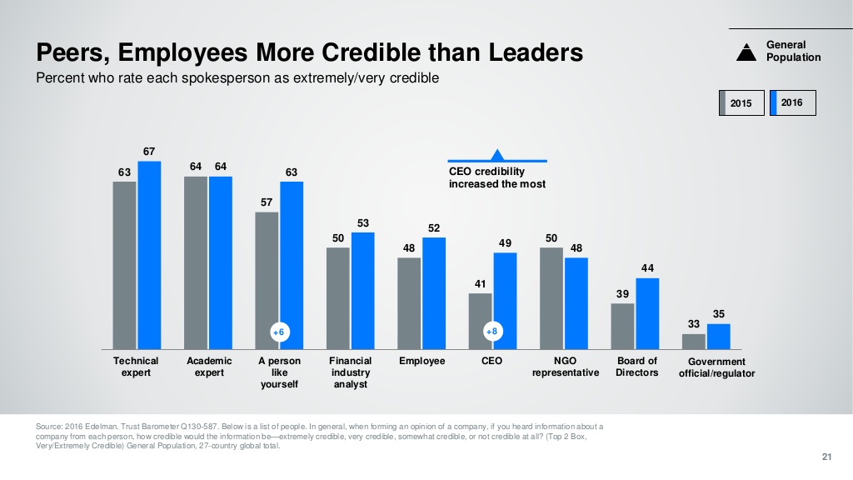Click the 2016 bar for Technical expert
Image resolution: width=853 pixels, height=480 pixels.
[x=149, y=255]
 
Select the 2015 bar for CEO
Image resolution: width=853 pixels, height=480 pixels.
[x=481, y=321]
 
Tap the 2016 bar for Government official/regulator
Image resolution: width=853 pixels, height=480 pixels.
[x=718, y=337]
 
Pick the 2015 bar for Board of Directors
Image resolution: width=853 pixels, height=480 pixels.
[x=622, y=326]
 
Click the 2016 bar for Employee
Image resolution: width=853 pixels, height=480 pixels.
[x=434, y=293]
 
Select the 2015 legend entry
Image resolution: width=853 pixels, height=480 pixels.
[x=741, y=103]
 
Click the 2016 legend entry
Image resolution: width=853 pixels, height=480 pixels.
[x=792, y=102]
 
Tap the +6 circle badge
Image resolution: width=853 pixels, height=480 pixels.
[x=279, y=332]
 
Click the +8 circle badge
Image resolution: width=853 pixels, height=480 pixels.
[x=492, y=332]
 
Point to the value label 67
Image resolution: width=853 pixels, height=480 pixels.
[x=149, y=152]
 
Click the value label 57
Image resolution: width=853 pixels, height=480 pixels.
[x=267, y=202]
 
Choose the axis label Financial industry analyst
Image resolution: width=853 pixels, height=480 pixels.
[x=350, y=372]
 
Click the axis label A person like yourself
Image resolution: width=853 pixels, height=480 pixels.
[x=279, y=372]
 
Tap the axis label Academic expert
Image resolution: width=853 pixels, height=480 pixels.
[x=209, y=367]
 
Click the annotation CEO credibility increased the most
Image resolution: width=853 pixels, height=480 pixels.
[x=497, y=177]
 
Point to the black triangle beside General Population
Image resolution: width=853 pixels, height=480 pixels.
[x=749, y=52]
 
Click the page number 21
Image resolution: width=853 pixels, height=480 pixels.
[x=826, y=455]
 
